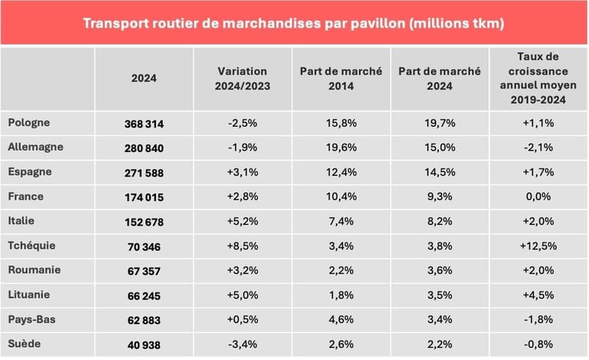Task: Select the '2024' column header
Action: (x=144, y=79)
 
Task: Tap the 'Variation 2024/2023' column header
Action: (x=243, y=79)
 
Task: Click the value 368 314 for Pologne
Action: (x=144, y=123)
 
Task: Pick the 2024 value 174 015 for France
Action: (x=144, y=197)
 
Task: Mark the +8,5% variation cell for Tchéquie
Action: (x=243, y=246)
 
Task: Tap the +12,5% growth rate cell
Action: (x=539, y=246)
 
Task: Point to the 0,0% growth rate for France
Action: (x=539, y=197)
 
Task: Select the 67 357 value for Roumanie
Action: (x=144, y=271)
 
